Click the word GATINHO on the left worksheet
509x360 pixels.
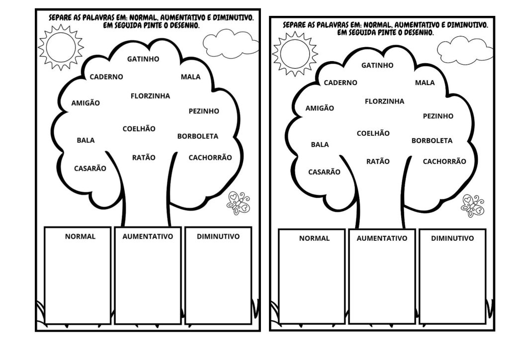coord(143,59)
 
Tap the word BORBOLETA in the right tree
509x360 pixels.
coord(432,141)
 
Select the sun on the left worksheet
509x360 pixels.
coord(61,47)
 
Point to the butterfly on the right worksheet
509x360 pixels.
coord(473,206)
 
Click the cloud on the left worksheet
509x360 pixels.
coord(231,43)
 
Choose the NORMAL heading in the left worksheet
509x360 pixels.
coord(80,236)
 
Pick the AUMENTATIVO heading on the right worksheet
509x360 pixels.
coord(382,238)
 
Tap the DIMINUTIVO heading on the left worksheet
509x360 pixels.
coord(218,236)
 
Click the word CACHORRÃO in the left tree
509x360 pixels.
coord(210,158)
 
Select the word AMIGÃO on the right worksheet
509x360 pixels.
coord(320,108)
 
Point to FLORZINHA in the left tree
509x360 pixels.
coord(150,96)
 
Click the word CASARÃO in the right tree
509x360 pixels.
coord(324,172)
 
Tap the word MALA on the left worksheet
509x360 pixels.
coord(190,77)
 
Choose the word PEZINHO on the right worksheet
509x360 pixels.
coord(438,116)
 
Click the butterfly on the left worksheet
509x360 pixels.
coord(238,203)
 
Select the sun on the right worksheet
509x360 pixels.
coord(295,54)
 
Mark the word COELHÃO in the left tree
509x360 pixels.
coord(139,129)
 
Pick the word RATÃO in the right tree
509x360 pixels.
coord(378,161)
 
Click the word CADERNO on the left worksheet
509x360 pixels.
coord(106,77)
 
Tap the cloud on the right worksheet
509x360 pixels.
coord(465,50)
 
